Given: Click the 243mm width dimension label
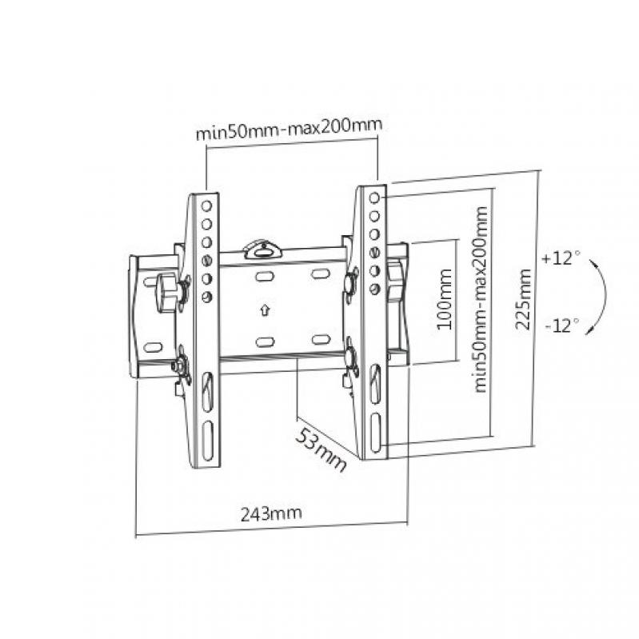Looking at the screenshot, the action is click(x=271, y=513).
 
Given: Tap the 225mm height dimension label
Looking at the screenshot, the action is click(x=522, y=299).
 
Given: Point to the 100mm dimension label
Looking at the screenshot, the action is click(x=444, y=299).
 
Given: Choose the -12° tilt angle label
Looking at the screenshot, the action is click(x=562, y=325).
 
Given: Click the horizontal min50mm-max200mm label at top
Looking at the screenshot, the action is click(x=289, y=129).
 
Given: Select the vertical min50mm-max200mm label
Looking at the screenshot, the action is click(x=481, y=300).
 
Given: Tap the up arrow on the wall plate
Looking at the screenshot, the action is click(x=265, y=310).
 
